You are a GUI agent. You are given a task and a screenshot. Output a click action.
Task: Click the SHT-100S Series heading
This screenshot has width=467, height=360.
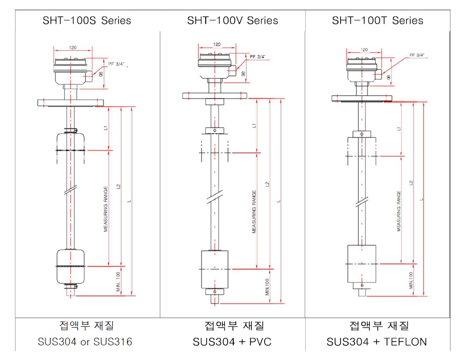click(87, 20)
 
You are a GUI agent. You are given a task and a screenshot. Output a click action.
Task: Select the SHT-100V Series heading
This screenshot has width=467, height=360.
click(232, 20)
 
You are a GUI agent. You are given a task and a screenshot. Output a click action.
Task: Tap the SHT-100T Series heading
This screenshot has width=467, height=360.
click(377, 20)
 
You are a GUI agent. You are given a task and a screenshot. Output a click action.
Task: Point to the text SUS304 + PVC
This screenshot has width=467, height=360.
click(232, 342)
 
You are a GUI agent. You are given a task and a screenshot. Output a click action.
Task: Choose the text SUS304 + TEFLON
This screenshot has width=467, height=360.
click(377, 342)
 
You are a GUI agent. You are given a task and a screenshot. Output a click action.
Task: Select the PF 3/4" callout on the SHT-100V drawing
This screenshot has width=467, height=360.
click(257, 56)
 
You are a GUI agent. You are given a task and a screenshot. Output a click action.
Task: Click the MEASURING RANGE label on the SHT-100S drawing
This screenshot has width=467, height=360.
click(106, 209)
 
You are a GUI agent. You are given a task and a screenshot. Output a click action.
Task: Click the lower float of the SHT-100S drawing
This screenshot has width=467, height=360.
click(71, 266)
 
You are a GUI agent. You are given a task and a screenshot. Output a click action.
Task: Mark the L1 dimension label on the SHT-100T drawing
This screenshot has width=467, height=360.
click(399, 129)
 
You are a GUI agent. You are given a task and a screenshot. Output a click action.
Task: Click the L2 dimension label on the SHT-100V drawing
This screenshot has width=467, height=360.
click(268, 184)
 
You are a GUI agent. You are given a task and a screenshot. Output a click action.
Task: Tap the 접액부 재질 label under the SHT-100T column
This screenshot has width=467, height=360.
click(377, 326)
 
